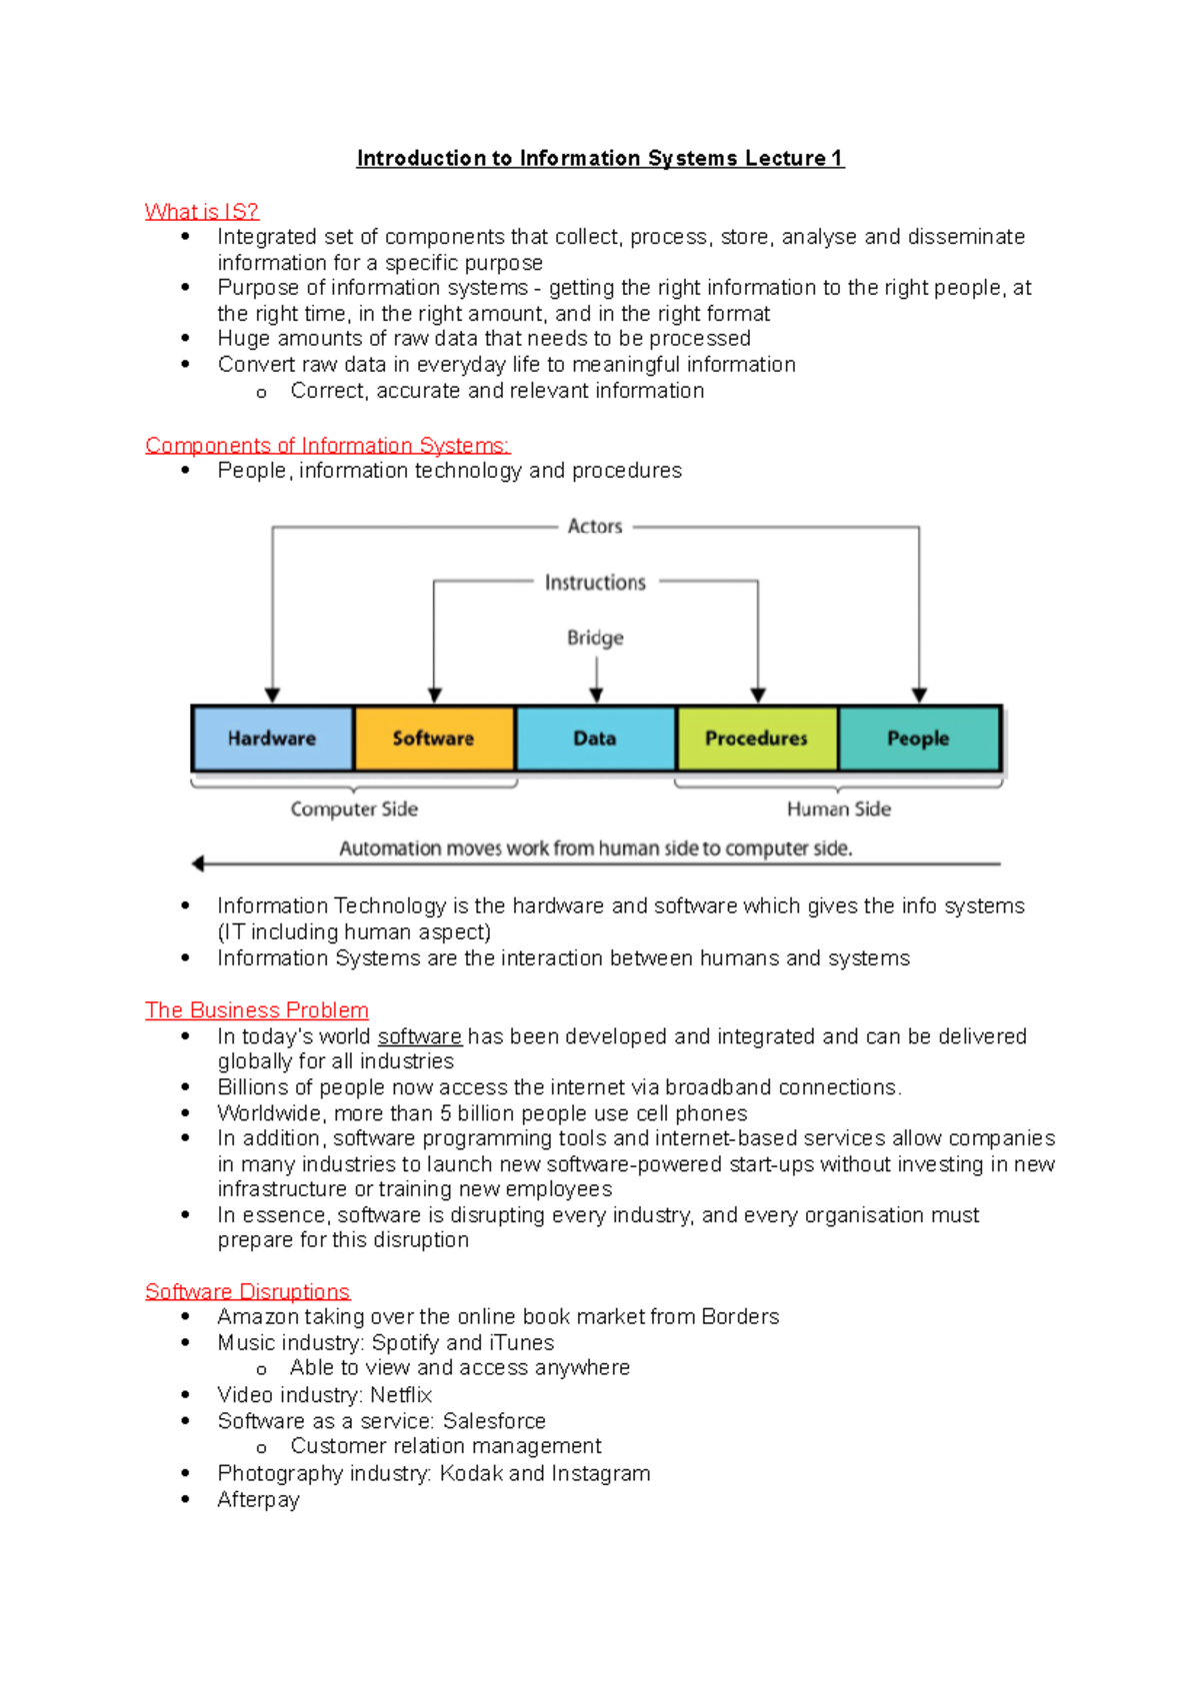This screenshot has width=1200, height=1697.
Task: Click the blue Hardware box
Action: pyautogui.click(x=272, y=739)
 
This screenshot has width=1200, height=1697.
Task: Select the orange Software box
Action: pyautogui.click(x=434, y=739)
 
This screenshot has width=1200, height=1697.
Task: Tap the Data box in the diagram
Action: pyautogui.click(x=595, y=739)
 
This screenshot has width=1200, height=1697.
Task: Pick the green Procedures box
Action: pyautogui.click(x=757, y=739)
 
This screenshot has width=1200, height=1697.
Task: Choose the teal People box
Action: pyautogui.click(x=919, y=739)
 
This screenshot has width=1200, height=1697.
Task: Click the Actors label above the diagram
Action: pyautogui.click(x=595, y=527)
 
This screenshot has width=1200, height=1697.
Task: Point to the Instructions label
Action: pyautogui.click(x=595, y=583)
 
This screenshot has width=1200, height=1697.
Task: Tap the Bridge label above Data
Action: pyautogui.click(x=595, y=638)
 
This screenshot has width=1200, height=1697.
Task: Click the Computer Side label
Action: pyautogui.click(x=354, y=810)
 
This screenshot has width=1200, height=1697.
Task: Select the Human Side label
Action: pyautogui.click(x=838, y=810)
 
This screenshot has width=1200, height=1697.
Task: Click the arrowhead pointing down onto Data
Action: pyautogui.click(x=596, y=696)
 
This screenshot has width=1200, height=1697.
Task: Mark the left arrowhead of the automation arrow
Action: pyautogui.click(x=198, y=863)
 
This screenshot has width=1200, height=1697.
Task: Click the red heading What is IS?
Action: pyautogui.click(x=202, y=212)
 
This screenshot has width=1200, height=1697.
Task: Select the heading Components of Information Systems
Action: pyautogui.click(x=327, y=446)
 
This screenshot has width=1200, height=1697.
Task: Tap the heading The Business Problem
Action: pyautogui.click(x=257, y=1010)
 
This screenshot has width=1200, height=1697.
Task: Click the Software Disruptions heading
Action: pyautogui.click(x=247, y=1291)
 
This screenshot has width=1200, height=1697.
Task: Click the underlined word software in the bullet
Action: pyautogui.click(x=420, y=1036)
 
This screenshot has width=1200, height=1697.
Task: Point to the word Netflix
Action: pyautogui.click(x=401, y=1395)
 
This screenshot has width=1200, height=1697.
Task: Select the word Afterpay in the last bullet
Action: pyautogui.click(x=258, y=1499)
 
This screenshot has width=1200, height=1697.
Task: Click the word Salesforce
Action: pyautogui.click(x=494, y=1421)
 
